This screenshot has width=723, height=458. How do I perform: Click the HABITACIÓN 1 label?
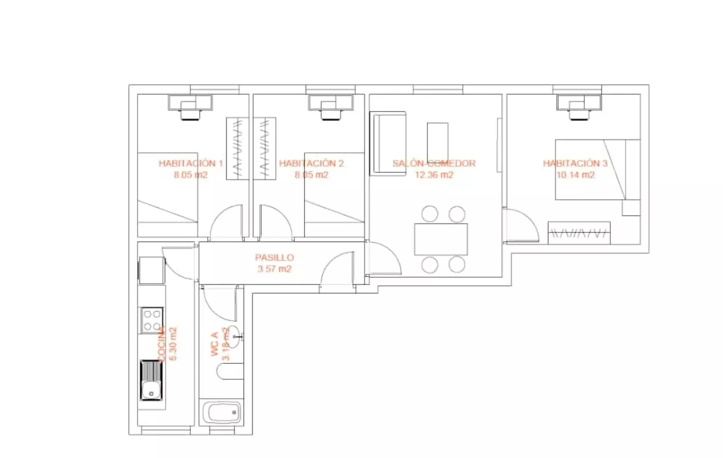click(191, 163)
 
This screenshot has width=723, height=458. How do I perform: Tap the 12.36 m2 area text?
click(434, 175)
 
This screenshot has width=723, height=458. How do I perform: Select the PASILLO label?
click(274, 257)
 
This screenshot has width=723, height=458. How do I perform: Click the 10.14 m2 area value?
click(576, 175)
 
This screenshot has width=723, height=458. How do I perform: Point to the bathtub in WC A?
click(221, 412)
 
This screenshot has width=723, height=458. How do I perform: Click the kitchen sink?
click(151, 380)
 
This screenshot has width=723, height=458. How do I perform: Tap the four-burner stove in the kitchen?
click(152, 320)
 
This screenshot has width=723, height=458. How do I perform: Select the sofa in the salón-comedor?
click(388, 144)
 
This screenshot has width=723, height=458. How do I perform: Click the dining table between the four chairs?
click(441, 239)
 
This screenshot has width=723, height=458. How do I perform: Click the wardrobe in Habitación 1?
click(237, 148)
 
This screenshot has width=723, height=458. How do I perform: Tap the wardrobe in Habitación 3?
click(579, 233)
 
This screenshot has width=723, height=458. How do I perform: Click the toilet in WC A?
click(229, 371)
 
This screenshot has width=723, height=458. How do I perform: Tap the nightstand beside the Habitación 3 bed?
click(631, 207)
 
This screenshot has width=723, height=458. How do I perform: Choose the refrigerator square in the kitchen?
click(151, 270)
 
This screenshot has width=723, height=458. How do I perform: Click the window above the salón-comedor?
click(438, 89)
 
